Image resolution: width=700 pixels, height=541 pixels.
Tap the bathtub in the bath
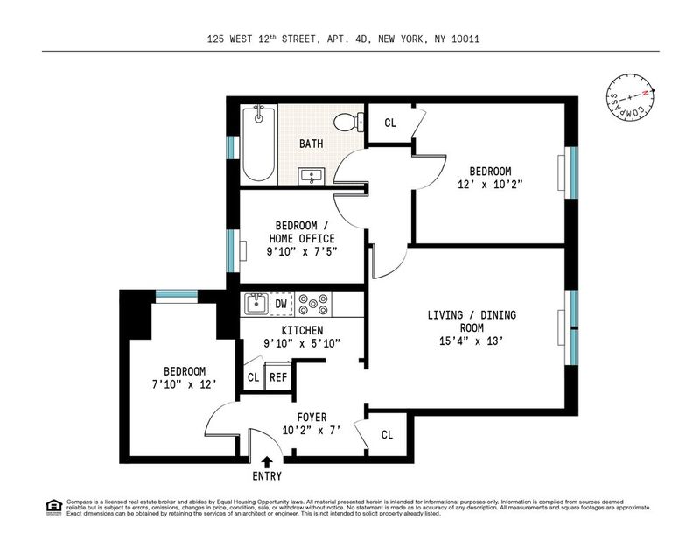258,143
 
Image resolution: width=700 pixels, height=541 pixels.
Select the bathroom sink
311,176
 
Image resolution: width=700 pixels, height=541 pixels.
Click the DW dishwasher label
281,305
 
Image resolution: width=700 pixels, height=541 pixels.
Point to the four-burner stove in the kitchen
314,305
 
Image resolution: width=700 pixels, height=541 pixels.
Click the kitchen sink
256,304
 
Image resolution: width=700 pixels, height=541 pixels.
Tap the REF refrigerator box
277,377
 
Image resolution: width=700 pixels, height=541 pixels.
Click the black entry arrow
267,461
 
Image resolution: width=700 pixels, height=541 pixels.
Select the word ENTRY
267,476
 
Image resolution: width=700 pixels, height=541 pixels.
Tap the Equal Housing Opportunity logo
53,507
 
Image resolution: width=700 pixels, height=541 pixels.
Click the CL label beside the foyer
387,435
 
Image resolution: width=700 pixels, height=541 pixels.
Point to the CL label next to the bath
389,123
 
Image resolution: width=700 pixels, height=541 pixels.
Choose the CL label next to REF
253,377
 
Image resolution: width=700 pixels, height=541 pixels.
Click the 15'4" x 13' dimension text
472,341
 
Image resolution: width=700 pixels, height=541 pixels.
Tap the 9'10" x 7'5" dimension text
302,252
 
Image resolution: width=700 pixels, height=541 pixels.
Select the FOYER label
311,418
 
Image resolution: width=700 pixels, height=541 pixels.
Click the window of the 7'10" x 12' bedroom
177,295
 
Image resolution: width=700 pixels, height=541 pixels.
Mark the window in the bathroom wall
230,147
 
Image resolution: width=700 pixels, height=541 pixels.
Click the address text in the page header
343,39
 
